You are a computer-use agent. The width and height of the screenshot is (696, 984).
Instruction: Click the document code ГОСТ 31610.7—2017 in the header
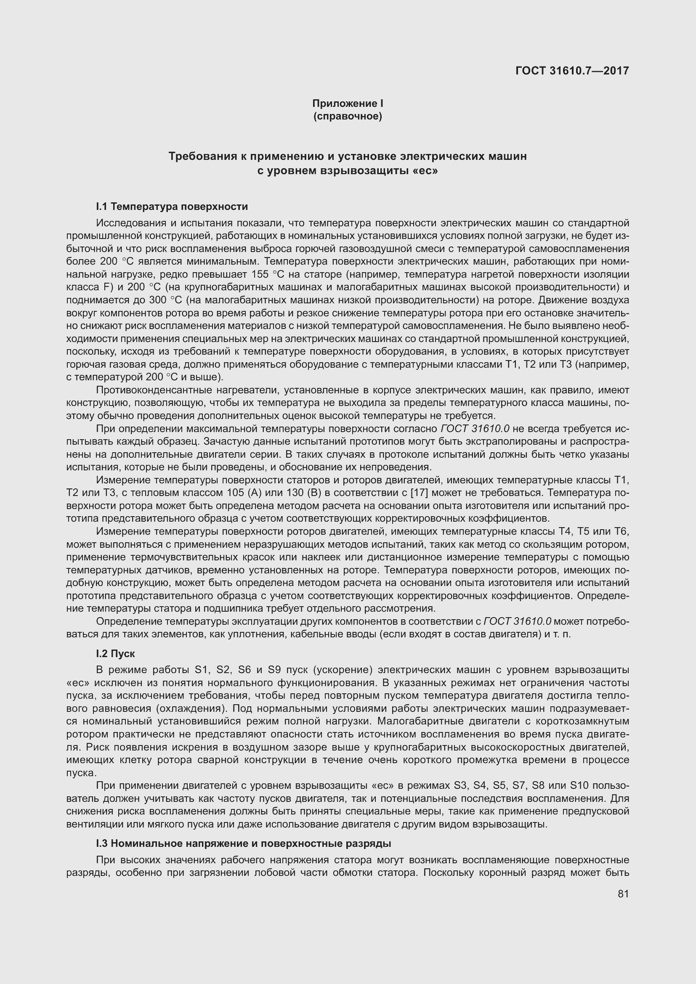coord(572,71)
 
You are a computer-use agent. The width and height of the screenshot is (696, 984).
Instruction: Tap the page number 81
coord(623,894)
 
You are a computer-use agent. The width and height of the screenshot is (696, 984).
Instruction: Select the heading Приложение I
coord(348,103)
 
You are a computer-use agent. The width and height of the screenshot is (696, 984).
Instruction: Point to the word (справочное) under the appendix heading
coord(348,116)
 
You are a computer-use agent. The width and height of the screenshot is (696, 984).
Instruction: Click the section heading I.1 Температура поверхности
coord(172,207)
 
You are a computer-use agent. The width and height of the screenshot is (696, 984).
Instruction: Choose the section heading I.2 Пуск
coord(115,654)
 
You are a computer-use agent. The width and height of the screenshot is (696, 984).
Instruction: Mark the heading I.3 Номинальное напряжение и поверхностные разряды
coord(243,843)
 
